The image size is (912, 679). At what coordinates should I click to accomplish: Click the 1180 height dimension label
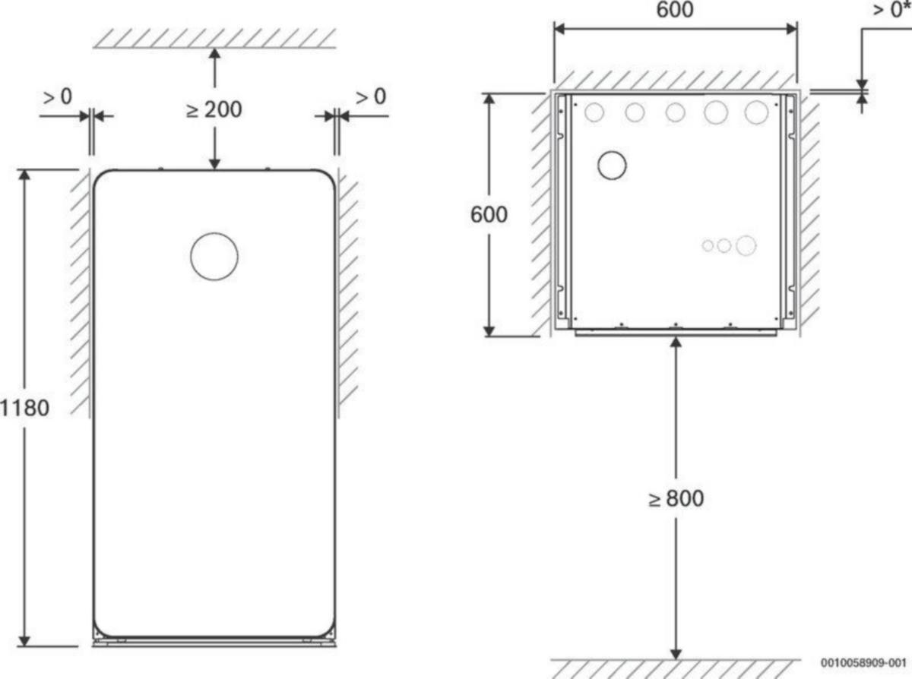point(24,408)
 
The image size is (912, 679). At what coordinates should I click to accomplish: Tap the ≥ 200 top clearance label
point(214,109)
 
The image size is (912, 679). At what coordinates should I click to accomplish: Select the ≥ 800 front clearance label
point(676,498)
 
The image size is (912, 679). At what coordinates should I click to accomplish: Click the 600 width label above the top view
point(675,9)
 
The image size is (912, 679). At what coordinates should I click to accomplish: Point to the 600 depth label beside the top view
point(489,214)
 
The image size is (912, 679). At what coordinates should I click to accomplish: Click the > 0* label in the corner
point(891,10)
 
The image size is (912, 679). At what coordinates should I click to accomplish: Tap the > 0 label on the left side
point(58,97)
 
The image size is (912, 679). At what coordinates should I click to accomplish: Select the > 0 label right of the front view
point(371,97)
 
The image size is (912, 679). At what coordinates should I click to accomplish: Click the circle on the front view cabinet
point(214,233)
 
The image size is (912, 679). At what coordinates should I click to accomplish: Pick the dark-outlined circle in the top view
point(612,151)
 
